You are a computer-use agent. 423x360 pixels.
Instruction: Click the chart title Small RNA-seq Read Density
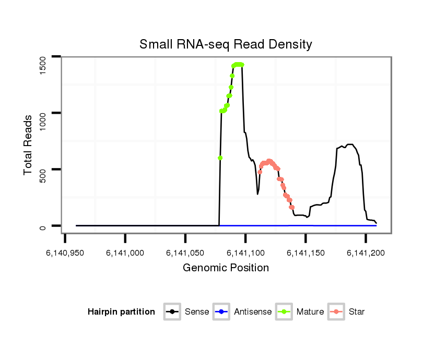click(x=226, y=44)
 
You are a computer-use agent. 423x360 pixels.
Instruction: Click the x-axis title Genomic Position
click(x=226, y=268)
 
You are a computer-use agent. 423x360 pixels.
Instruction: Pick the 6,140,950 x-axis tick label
click(x=65, y=253)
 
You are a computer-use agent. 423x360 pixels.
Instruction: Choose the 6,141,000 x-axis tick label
click(x=125, y=253)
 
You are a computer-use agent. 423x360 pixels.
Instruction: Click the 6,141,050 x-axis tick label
click(x=185, y=253)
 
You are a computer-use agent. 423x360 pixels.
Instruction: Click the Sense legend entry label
click(x=197, y=312)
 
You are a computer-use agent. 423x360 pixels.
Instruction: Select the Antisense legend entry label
click(x=253, y=312)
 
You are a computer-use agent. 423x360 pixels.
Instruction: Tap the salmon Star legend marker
click(x=337, y=312)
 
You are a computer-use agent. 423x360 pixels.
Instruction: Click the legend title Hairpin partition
click(x=121, y=312)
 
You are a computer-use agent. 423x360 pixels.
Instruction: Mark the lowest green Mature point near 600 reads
click(x=220, y=158)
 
